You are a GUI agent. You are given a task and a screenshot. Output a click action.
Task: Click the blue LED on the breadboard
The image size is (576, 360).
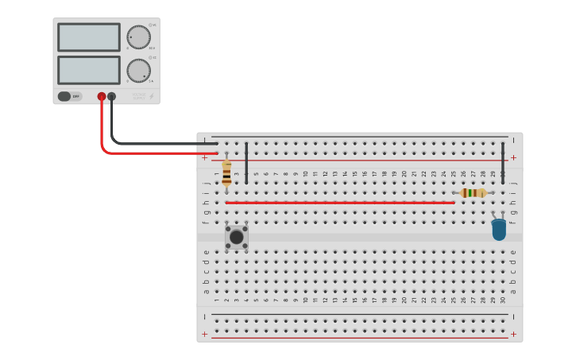point(499,230)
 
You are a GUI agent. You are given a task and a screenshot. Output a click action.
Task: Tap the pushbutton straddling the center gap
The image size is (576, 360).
point(236,237)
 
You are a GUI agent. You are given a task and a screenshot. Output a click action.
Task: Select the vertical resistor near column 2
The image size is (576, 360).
point(226,172)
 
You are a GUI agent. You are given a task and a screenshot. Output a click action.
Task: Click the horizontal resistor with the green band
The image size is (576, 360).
point(474,192)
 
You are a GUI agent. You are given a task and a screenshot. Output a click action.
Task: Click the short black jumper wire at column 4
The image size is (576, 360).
point(246,163)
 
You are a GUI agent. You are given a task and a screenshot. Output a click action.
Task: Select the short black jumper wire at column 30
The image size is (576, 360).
point(503,163)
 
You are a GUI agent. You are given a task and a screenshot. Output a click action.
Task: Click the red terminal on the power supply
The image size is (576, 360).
point(102,96)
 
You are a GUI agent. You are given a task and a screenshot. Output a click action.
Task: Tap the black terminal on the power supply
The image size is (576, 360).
point(112,96)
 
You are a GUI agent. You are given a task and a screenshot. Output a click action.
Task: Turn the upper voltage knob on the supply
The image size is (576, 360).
point(138,37)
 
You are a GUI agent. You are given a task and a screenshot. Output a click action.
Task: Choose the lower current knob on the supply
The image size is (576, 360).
point(138,70)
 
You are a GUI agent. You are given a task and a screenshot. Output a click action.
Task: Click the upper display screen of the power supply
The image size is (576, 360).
point(88,37)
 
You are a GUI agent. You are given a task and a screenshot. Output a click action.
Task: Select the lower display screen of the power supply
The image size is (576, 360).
point(88,70)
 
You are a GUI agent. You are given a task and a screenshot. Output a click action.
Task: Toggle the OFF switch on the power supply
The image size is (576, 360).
point(70,96)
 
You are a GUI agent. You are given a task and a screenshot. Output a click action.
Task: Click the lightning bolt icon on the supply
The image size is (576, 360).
point(152,96)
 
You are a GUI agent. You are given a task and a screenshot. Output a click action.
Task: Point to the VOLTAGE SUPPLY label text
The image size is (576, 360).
point(138,96)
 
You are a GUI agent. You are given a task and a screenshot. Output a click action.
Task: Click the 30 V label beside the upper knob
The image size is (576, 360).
point(152,48)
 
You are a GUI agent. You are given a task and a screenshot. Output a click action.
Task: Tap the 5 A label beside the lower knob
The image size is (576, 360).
point(151,81)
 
